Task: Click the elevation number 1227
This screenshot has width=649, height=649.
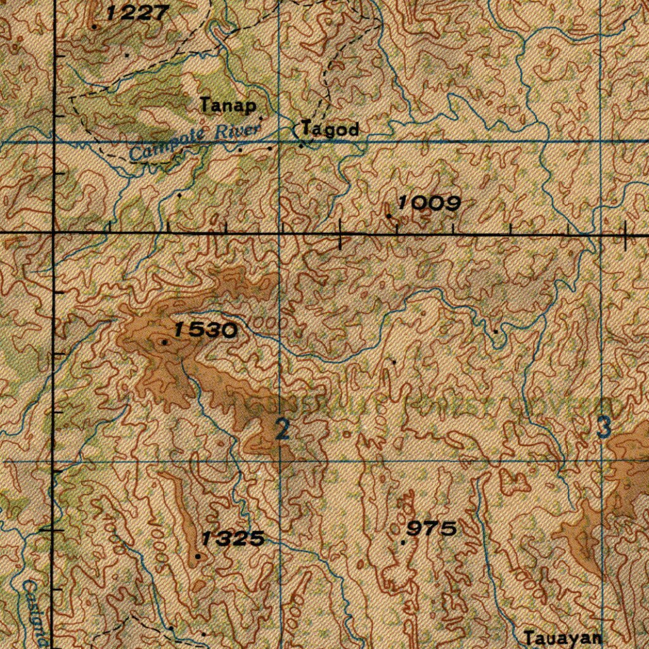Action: (137, 13)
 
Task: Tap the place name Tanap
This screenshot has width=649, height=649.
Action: (228, 105)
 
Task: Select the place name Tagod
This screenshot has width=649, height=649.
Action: (330, 129)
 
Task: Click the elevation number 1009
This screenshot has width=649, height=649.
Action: (428, 203)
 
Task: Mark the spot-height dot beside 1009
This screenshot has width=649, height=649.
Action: (389, 216)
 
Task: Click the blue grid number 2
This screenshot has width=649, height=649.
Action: (283, 430)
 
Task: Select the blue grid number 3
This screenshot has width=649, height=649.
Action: (604, 428)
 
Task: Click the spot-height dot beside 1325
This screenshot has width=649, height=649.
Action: (198, 556)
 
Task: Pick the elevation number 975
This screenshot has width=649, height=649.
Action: (432, 528)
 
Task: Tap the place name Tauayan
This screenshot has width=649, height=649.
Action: (562, 638)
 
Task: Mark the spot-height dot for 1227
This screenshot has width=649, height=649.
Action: (94, 27)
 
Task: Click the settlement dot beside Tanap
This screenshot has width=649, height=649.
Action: (261, 117)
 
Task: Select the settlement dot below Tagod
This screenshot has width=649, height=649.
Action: (301, 146)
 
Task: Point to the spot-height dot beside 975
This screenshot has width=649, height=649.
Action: (404, 543)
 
